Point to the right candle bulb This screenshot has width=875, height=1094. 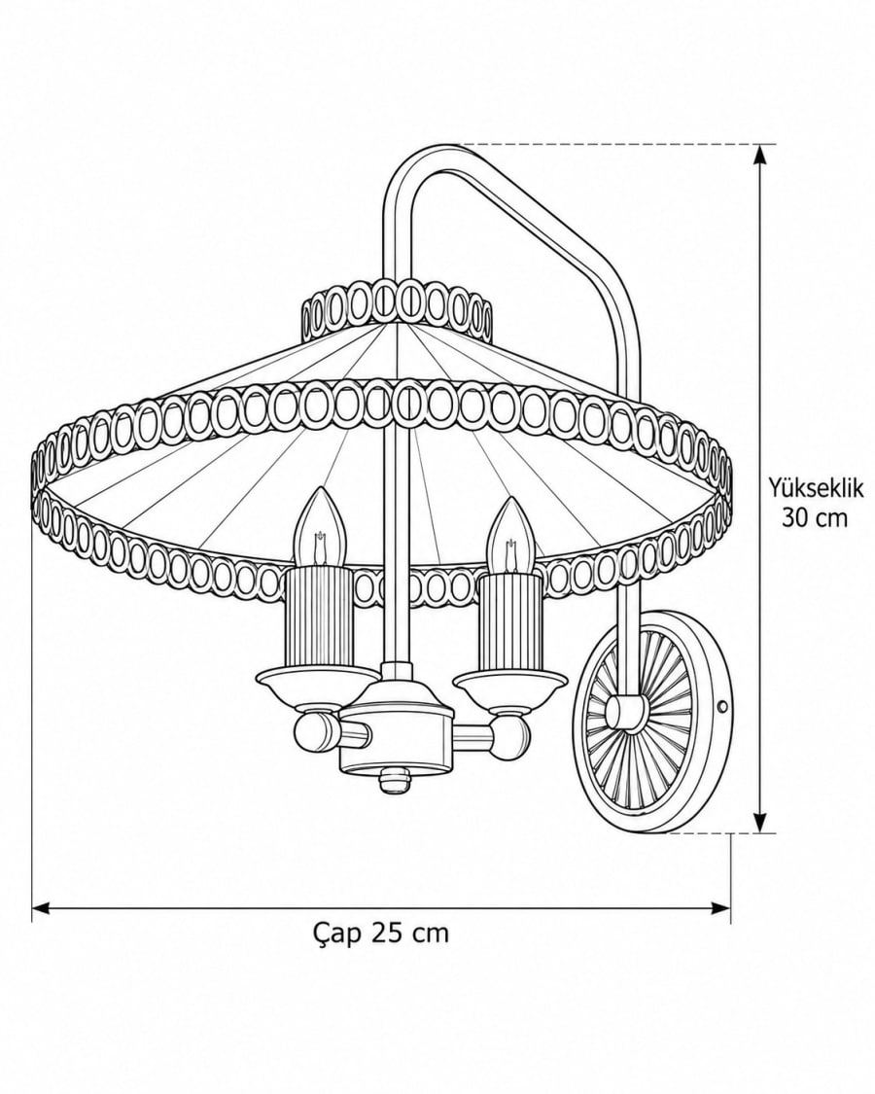pyautogui.click(x=511, y=534)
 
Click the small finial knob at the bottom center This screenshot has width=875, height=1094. pyautogui.click(x=394, y=782)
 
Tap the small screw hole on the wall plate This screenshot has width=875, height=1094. pyautogui.click(x=721, y=708)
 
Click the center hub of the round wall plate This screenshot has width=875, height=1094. pyautogui.click(x=623, y=712)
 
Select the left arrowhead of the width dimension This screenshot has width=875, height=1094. pyautogui.click(x=42, y=907)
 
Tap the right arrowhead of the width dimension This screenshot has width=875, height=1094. pyautogui.click(x=720, y=907)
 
